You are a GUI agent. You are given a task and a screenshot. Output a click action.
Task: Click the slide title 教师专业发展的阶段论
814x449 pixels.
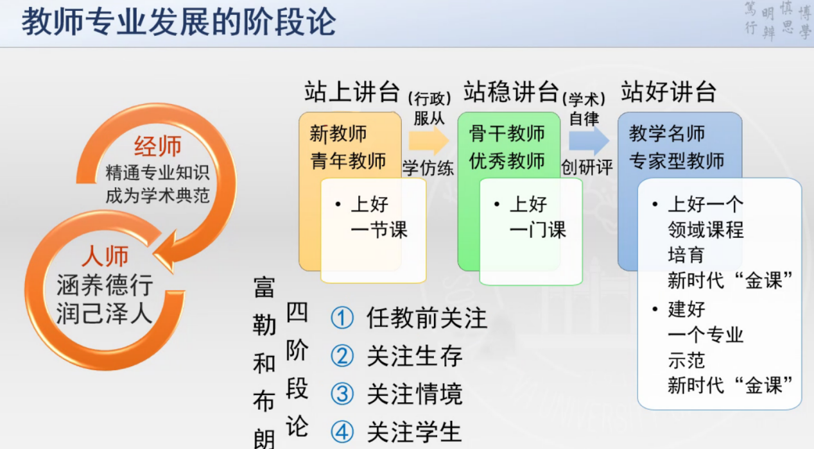tap(178, 22)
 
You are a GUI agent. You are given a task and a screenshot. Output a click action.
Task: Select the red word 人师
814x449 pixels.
tap(105, 256)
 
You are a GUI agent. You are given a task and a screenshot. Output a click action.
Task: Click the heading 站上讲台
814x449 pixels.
tap(352, 92)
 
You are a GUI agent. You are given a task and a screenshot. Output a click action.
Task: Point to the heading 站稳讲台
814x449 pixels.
tap(511, 92)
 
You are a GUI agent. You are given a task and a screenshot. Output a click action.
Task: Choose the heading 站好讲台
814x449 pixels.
tap(669, 92)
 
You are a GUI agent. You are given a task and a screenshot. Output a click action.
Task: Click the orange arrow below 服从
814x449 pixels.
tap(429, 141)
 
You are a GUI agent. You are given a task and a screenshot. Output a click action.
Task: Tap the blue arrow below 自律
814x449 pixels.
tap(589, 141)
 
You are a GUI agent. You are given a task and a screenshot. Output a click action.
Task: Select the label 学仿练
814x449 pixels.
tap(428, 168)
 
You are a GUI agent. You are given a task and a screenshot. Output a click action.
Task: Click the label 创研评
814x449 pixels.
tap(587, 167)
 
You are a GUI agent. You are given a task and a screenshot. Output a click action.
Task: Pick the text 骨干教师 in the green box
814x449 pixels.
tap(507, 133)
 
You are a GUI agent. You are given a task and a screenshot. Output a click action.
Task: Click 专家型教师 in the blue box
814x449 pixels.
tap(677, 161)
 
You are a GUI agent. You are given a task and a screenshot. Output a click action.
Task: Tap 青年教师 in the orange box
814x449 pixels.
tap(348, 161)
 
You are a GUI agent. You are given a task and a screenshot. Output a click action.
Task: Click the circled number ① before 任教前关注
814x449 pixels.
tap(342, 318)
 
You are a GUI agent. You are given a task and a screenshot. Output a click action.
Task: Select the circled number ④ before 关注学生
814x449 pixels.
tap(342, 432)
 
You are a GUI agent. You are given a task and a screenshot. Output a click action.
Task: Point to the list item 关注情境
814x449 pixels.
tap(415, 394)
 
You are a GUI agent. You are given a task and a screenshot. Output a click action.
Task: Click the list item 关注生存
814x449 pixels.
tap(415, 356)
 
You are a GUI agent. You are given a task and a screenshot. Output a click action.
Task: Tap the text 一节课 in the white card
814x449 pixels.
tap(379, 230)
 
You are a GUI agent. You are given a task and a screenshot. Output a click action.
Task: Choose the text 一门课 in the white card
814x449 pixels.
tap(538, 230)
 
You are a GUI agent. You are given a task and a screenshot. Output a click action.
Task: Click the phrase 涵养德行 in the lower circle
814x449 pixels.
tap(105, 285)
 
